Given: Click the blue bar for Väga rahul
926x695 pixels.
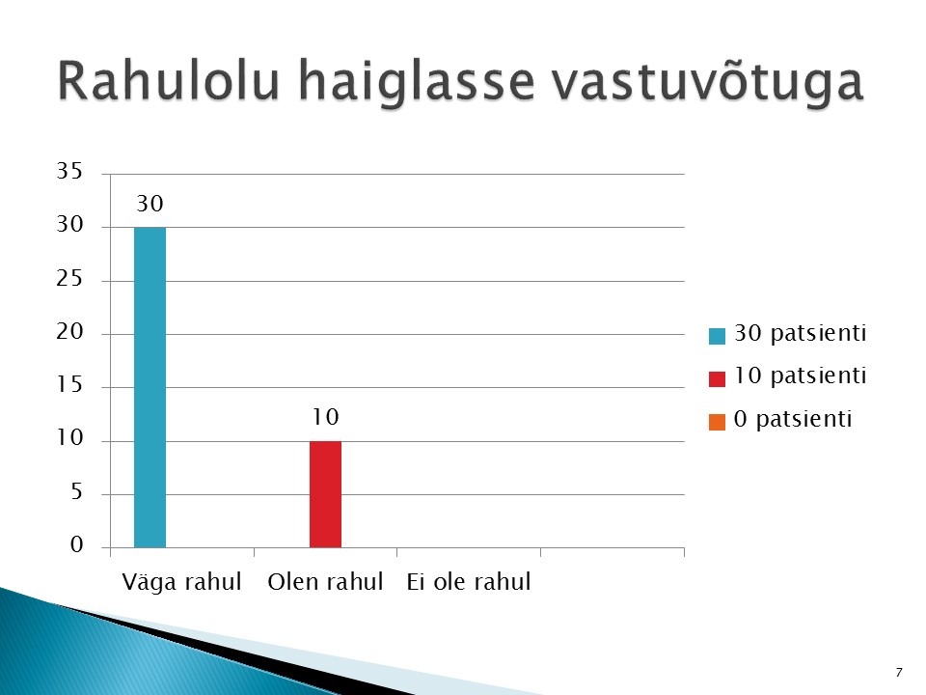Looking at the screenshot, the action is [x=150, y=387].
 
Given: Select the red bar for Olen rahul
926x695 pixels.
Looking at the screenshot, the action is [x=325, y=494].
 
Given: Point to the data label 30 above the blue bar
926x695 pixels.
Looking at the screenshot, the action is [x=150, y=204].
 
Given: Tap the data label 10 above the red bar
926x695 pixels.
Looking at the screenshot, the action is [x=325, y=417].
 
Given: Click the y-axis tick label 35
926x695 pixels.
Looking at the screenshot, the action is [x=69, y=171].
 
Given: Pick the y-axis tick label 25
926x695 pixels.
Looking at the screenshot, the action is [x=69, y=278].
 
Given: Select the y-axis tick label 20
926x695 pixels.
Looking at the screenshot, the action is [x=69, y=331].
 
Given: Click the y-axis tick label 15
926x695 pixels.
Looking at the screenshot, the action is [x=69, y=385].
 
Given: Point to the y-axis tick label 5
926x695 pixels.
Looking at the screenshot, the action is [x=77, y=491].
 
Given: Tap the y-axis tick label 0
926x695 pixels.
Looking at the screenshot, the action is [x=77, y=544].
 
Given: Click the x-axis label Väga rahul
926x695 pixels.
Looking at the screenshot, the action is [x=182, y=582].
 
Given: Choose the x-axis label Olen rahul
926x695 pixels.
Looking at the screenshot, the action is [x=325, y=582].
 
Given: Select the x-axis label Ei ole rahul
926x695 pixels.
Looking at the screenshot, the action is [x=469, y=582].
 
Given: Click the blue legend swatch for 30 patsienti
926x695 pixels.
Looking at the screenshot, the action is [x=717, y=336].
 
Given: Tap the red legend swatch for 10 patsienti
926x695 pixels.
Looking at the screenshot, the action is [x=717, y=378].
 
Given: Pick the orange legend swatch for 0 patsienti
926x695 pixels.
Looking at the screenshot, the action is [x=717, y=422].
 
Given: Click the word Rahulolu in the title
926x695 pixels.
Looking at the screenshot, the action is [x=169, y=80].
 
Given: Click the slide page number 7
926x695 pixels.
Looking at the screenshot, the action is [x=899, y=673].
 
